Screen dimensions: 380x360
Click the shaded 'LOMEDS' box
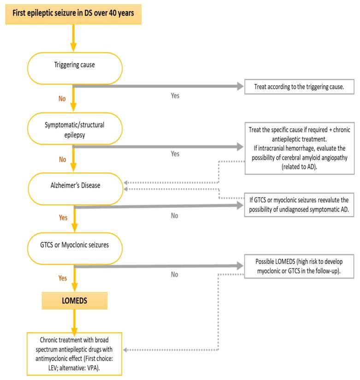(x=74, y=302)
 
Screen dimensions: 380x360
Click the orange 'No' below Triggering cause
(x=62, y=98)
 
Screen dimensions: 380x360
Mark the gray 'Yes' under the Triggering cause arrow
(x=175, y=97)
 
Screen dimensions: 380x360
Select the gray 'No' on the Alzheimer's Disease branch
(x=175, y=215)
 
